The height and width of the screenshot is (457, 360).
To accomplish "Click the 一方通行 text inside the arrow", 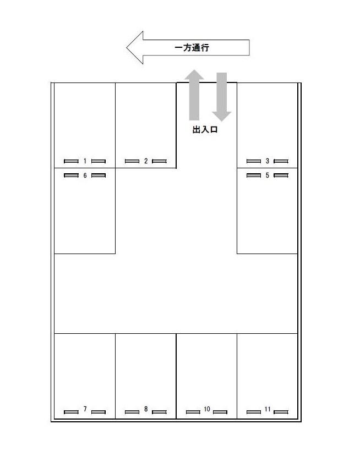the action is coord(192,47).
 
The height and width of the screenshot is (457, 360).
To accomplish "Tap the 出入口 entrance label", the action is coord(205,129).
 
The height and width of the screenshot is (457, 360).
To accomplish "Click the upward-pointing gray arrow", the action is coord(194,95).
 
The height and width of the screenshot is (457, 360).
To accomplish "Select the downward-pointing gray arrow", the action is coord(222,97).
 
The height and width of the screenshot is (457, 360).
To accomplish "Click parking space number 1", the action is coord(85,161).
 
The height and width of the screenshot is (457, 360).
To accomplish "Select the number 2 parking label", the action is coord(146,161).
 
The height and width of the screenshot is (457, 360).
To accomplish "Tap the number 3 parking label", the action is coord(267,161).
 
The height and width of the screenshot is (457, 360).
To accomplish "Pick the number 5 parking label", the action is coord(267,175).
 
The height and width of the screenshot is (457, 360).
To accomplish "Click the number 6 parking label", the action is coord(85,175).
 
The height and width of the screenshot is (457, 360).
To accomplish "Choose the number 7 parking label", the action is coord(85,409).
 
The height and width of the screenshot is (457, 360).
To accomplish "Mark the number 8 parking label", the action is coord(146,409).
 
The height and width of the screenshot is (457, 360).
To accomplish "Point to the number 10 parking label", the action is coord(207,409).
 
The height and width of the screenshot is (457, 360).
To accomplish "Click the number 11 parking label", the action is coord(268,409).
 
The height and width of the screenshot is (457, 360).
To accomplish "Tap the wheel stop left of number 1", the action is coord(71,161).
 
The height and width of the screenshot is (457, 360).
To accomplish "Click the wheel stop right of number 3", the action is coord(281,161).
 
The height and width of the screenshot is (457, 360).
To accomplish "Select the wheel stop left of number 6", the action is coord(71,175).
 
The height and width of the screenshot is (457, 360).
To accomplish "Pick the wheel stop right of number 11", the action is coord(281,412).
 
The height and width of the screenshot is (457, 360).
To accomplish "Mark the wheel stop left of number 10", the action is coord(193,412).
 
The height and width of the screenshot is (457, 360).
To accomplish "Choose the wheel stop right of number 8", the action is coord(159,412).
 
